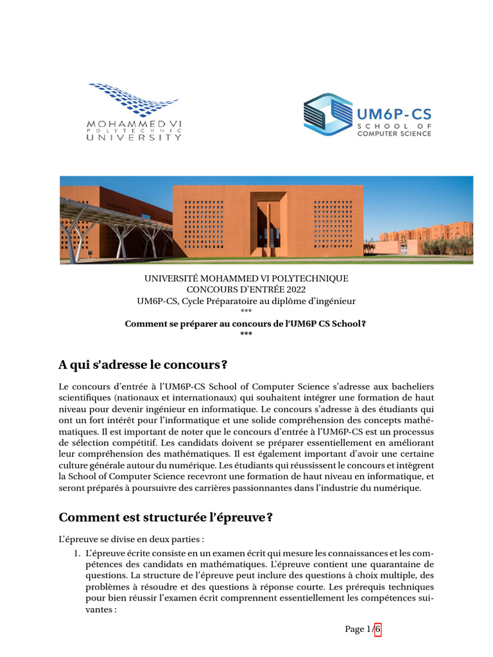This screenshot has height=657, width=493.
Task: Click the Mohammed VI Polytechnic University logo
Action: [x=135, y=112]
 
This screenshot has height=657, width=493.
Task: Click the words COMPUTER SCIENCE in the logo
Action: [x=394, y=133]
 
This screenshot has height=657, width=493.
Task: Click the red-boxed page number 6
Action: [x=378, y=629]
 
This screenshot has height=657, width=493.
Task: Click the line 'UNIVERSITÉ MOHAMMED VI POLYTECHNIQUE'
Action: [x=246, y=278]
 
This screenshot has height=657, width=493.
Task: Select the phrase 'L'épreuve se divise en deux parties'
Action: [x=132, y=539]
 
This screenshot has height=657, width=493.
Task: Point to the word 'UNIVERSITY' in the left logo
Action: [x=134, y=137]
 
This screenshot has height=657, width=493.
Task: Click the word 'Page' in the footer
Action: [x=354, y=629]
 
